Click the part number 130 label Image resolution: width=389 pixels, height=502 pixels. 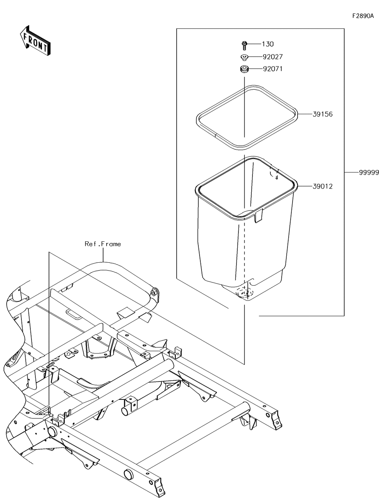pyautogui.click(x=268, y=44)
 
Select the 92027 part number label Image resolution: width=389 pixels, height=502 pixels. pyautogui.click(x=272, y=57)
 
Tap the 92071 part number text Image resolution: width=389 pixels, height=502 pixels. pyautogui.click(x=272, y=69)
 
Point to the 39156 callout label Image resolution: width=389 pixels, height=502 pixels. pyautogui.click(x=322, y=115)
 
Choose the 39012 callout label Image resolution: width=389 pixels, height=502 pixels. pyautogui.click(x=322, y=187)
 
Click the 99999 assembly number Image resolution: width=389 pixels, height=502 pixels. pyautogui.click(x=368, y=173)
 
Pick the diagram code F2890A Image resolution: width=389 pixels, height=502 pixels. pyautogui.click(x=363, y=16)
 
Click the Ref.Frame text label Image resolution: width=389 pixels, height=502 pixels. pyautogui.click(x=103, y=244)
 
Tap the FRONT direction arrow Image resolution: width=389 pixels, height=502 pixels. pyautogui.click(x=34, y=41)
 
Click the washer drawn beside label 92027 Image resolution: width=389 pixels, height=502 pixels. pyautogui.click(x=244, y=58)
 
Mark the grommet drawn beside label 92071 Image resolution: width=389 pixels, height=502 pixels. pyautogui.click(x=244, y=70)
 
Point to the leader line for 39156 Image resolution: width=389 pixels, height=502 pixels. pyautogui.click(x=305, y=115)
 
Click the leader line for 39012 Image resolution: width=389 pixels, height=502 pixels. pyautogui.click(x=305, y=187)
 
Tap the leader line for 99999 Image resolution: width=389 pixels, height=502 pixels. pyautogui.click(x=352, y=172)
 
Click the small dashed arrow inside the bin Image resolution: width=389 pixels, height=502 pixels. pyautogui.click(x=275, y=174)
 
